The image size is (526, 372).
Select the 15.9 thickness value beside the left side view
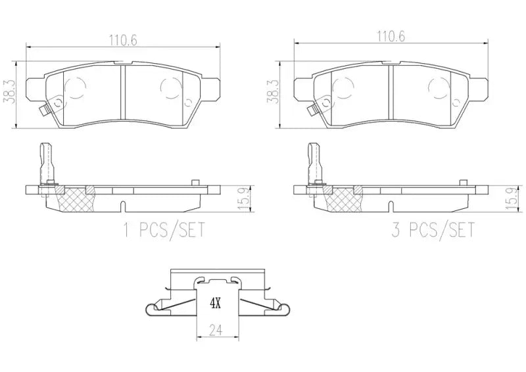coord(225,198)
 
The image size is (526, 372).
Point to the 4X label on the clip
coord(215,304)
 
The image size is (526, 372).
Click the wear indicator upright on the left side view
coord(47,161)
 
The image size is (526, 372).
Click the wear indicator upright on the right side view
coord(313,161)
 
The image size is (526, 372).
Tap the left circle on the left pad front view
coord(77,87)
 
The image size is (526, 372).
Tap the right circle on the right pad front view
coord(438,87)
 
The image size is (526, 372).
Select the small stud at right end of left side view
coord(195,183)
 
